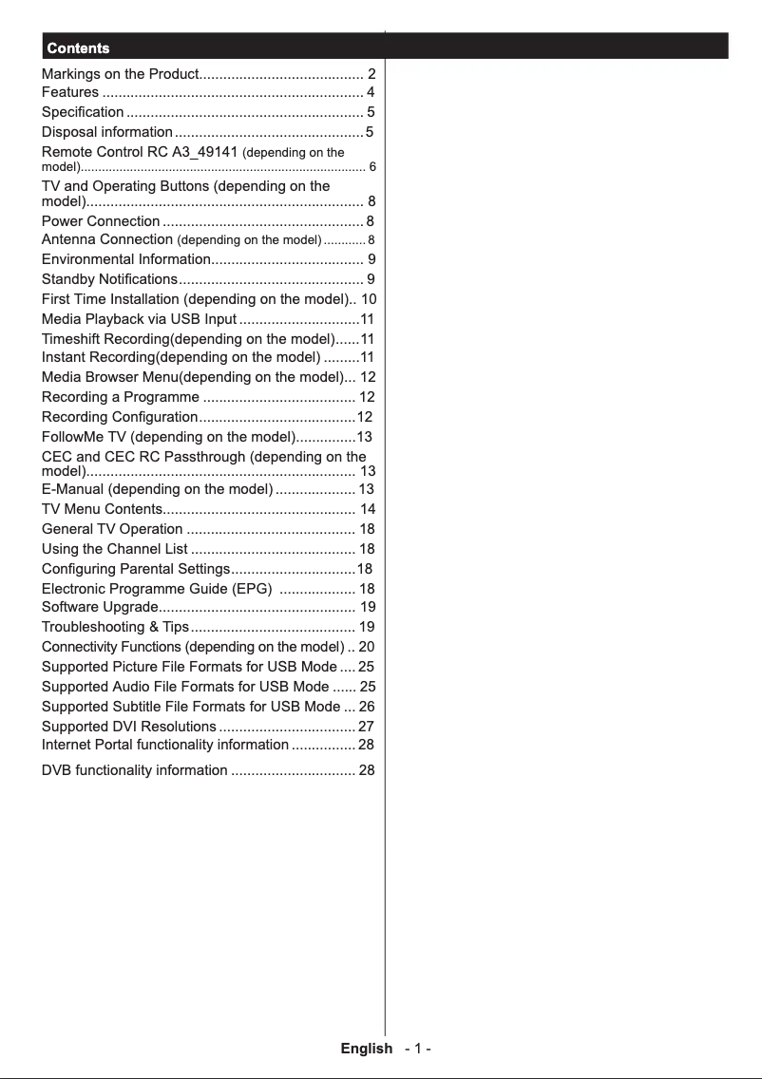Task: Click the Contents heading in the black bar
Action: (78, 47)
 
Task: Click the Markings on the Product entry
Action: (120, 74)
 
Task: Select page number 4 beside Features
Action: (371, 92)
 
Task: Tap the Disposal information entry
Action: (107, 131)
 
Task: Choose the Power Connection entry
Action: (101, 221)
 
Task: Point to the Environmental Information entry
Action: (125, 258)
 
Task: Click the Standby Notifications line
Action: (109, 278)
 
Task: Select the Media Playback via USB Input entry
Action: (139, 318)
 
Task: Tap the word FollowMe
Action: (72, 437)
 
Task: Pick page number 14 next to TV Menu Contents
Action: (368, 509)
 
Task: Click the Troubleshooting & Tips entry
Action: (115, 627)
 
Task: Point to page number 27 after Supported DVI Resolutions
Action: (366, 727)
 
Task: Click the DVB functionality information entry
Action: (134, 770)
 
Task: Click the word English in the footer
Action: (366, 1049)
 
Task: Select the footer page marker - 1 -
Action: (418, 1049)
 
